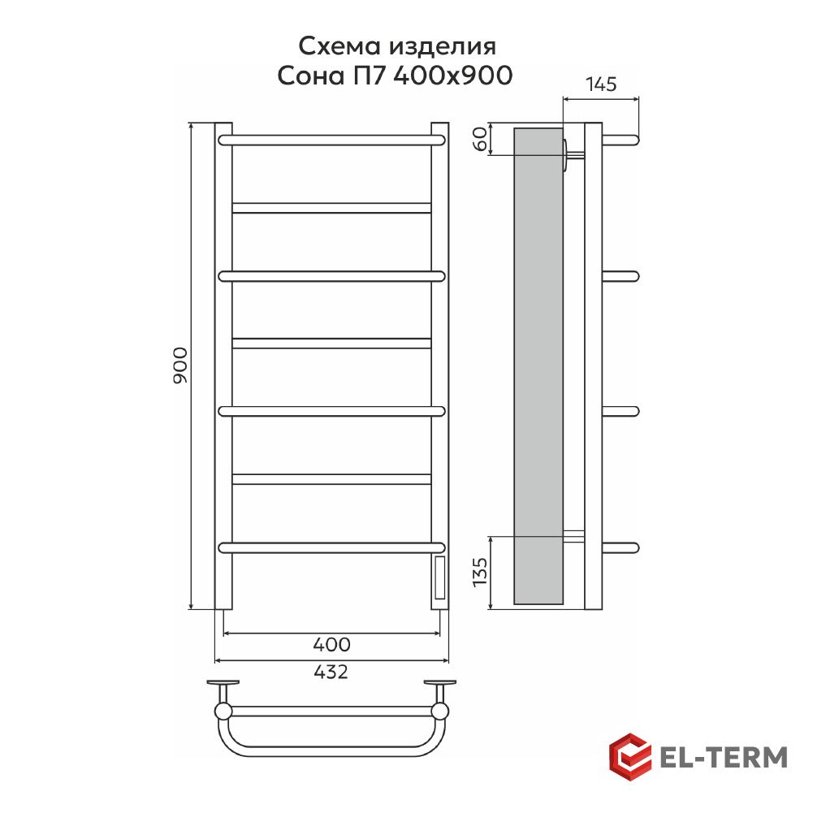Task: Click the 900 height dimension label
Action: click(180, 365)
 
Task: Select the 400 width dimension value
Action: click(331, 645)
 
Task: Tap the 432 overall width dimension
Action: click(331, 672)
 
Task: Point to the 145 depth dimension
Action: click(601, 84)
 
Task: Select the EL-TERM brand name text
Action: click(723, 757)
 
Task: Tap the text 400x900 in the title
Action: click(453, 76)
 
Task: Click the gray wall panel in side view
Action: click(538, 365)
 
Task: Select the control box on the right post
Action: click(439, 577)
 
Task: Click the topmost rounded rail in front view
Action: click(331, 140)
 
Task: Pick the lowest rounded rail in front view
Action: click(331, 547)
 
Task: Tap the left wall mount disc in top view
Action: click(223, 683)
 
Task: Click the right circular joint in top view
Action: click(440, 711)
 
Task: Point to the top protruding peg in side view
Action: click(621, 140)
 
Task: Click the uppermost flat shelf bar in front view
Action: click(331, 208)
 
